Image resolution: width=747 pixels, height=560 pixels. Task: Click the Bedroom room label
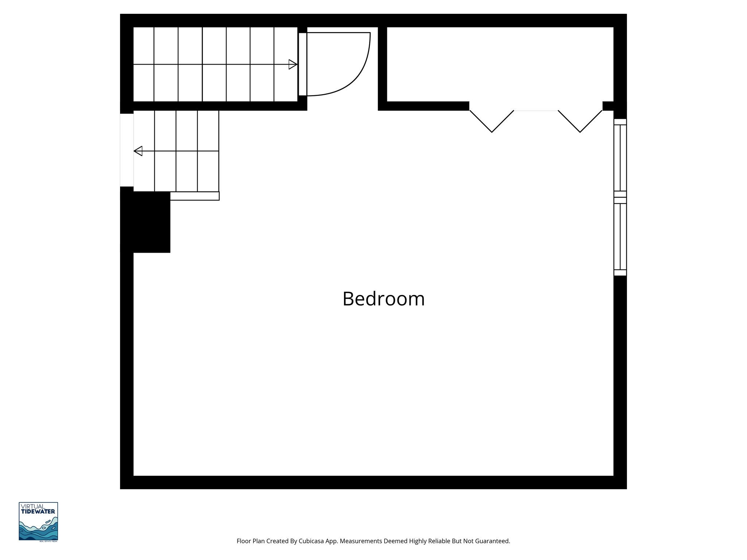pos(383,299)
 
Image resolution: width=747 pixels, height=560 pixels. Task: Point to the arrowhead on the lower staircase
pos(138,151)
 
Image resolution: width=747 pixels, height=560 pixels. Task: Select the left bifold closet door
pos(492,121)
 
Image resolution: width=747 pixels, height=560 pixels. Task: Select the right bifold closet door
pos(580,121)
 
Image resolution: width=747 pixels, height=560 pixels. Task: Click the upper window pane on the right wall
pos(620,158)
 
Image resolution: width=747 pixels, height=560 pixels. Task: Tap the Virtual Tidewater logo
pos(38,521)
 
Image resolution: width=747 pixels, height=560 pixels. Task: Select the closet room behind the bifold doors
pos(500,64)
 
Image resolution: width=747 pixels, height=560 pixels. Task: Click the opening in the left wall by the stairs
pos(127,150)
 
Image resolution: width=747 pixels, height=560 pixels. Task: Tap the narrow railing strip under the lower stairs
pos(194,196)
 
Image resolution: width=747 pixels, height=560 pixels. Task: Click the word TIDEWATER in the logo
pos(38,512)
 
